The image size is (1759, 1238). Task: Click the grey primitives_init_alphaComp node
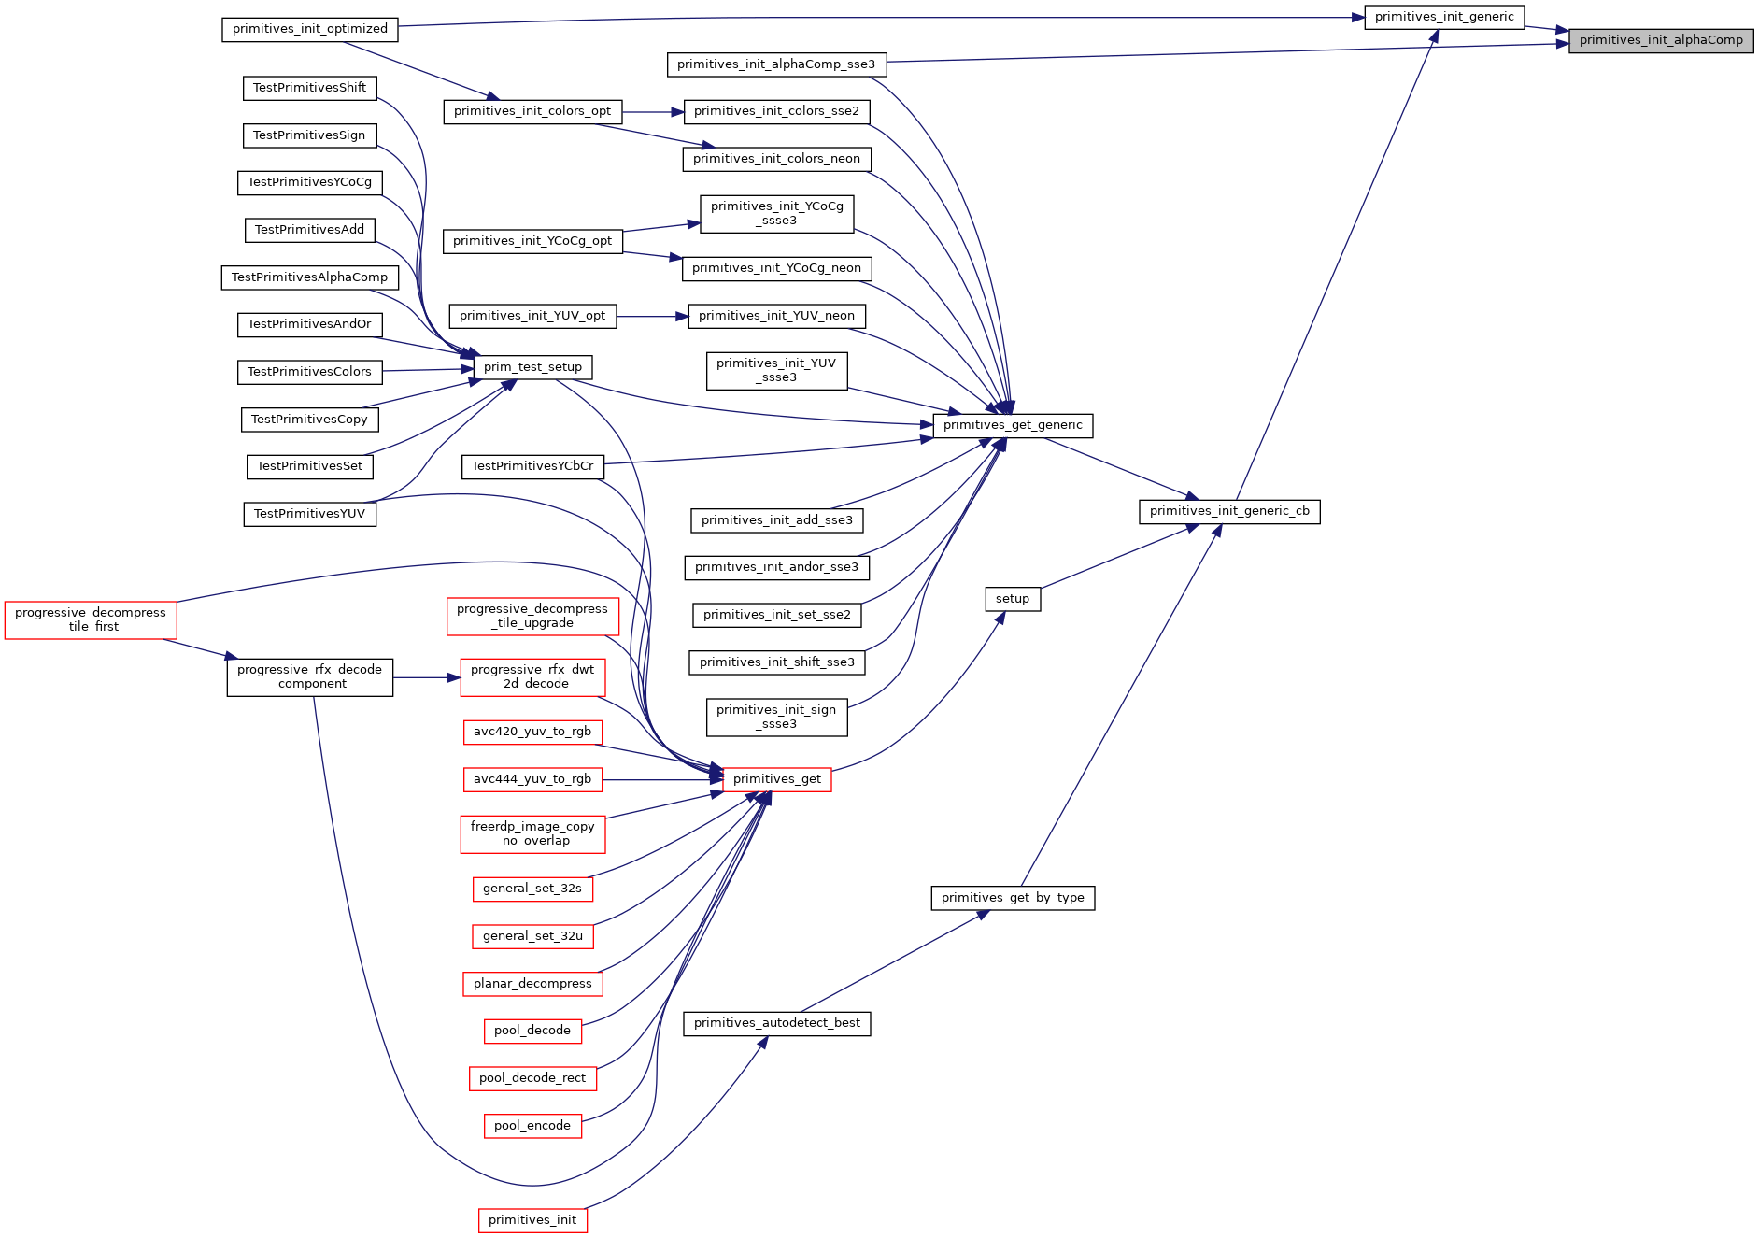pos(1661,40)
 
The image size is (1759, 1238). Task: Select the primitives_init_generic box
pos(1444,17)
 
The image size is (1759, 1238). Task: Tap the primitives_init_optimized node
pos(310,29)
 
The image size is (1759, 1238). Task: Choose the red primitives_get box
pos(777,779)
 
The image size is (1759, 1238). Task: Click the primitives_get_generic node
pos(1013,425)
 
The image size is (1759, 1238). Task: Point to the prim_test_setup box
pos(532,367)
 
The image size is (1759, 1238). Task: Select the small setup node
pos(1013,599)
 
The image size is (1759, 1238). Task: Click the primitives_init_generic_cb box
pos(1229,511)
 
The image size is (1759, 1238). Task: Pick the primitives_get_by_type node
pos(1013,898)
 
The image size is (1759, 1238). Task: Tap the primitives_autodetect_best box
pos(777,1023)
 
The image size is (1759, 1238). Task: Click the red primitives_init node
pos(532,1220)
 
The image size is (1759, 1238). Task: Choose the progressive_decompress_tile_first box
pos(91,620)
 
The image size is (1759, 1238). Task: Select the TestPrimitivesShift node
pos(309,88)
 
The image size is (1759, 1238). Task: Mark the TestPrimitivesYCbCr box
pos(532,466)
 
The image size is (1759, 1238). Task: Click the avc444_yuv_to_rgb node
pos(532,779)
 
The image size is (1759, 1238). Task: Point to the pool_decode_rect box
pos(532,1078)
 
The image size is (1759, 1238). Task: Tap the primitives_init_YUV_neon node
pos(776,316)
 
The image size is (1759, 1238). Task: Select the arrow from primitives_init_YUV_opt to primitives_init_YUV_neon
pos(652,316)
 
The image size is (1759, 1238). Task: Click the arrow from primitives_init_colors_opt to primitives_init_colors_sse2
pos(653,112)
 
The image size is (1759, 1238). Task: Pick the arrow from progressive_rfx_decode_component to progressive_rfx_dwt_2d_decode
pos(427,677)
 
